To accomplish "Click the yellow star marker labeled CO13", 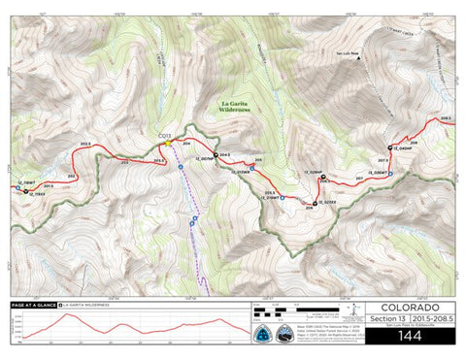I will coord(169,142).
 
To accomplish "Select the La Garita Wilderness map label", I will coord(233,106).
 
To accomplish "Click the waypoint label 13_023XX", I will coord(327,202).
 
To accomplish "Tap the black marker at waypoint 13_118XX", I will coord(26,192).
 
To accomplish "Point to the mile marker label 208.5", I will coord(445,118).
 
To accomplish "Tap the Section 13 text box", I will coord(387,318).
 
